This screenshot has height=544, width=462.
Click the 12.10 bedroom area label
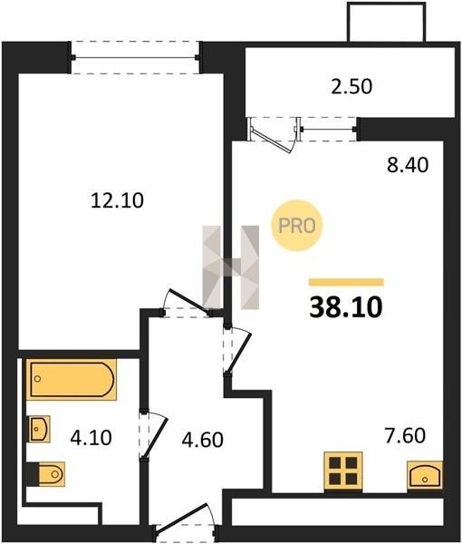(x=117, y=201)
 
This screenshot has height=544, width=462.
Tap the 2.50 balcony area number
(x=351, y=87)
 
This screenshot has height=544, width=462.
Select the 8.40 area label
(x=408, y=165)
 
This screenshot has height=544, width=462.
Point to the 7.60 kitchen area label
(x=405, y=436)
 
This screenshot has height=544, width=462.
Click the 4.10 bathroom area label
(x=91, y=438)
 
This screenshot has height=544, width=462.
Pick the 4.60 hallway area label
(x=202, y=440)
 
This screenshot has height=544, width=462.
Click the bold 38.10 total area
(x=346, y=307)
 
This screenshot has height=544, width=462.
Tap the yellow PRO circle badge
(x=297, y=226)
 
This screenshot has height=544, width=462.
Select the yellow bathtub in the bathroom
(x=72, y=380)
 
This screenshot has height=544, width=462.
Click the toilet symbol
(x=46, y=474)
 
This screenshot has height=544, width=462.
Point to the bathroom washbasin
(x=39, y=429)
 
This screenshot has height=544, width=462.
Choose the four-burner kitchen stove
(x=343, y=471)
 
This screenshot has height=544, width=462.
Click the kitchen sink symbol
(x=425, y=475)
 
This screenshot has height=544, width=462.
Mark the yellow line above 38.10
(x=346, y=282)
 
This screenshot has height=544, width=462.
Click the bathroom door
(x=153, y=436)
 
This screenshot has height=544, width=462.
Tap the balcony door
(x=274, y=135)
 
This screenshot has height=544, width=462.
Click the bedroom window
(x=135, y=57)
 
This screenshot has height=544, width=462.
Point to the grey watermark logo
(x=231, y=267)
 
